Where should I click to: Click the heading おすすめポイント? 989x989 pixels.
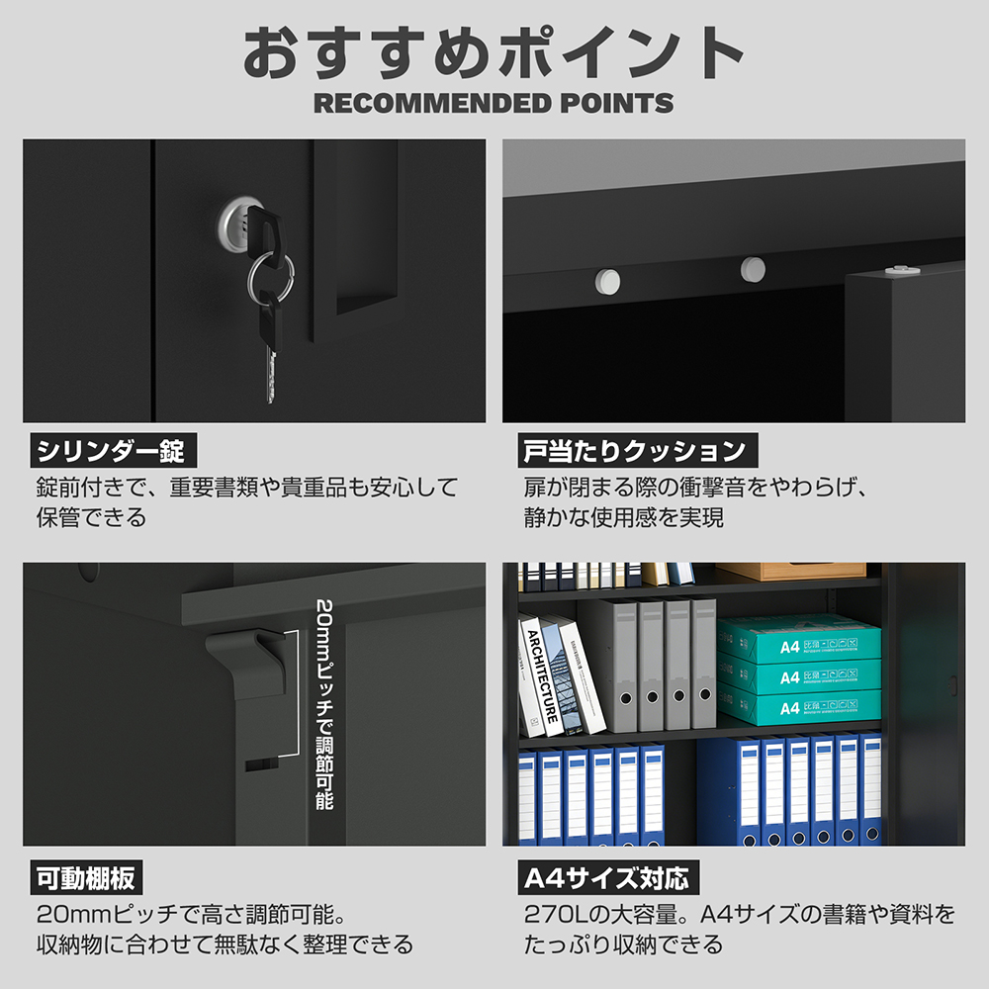click(494, 53)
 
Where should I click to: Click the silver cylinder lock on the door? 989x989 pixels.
click(237, 225)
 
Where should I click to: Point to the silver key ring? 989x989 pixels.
click(271, 277)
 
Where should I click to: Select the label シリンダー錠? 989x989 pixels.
click(114, 450)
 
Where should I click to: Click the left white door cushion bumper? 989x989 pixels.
click(607, 281)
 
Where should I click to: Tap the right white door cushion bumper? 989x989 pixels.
click(753, 269)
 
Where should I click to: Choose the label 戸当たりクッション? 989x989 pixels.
click(638, 450)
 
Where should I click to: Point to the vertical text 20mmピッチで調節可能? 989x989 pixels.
click(324, 704)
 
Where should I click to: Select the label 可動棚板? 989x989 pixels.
click(86, 877)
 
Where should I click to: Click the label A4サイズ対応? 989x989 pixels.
click(608, 877)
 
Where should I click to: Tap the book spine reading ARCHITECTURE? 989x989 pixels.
click(542, 675)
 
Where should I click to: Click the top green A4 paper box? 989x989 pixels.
click(798, 640)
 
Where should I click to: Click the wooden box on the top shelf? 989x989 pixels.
click(791, 571)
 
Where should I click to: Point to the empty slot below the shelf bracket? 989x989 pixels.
click(261, 765)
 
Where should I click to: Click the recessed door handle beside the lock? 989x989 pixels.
click(366, 227)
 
